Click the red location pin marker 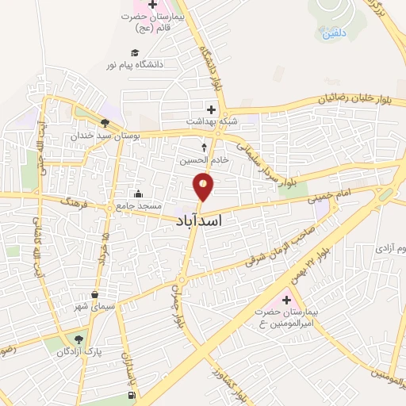tap(204, 187)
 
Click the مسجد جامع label tap(162, 205)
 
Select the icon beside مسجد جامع tap(139, 194)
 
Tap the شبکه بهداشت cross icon tap(210, 109)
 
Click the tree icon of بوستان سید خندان tap(105, 123)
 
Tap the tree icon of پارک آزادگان tap(79, 339)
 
